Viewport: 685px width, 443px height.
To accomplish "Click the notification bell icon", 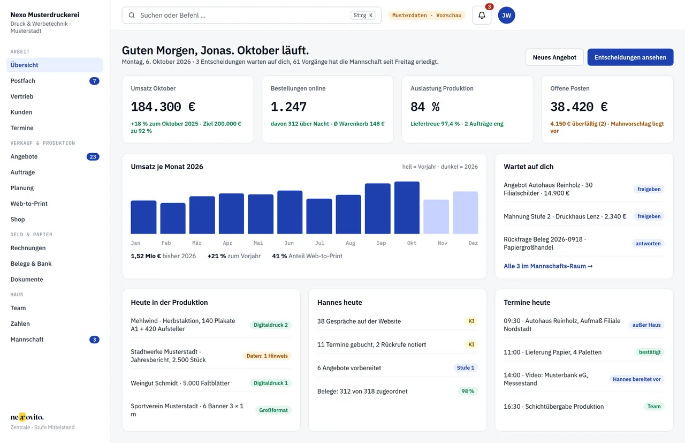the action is [x=482, y=16].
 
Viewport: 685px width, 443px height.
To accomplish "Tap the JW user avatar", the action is [x=506, y=16].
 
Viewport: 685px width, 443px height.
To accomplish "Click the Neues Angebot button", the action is [x=554, y=57].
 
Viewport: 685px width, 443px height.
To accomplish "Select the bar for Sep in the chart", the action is [x=378, y=208].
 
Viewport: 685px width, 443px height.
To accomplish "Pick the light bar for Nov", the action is [x=436, y=217].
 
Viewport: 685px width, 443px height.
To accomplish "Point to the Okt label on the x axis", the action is [x=412, y=243].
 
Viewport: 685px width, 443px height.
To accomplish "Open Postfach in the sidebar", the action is [x=22, y=81].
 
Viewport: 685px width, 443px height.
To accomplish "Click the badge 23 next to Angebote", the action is [x=93, y=157].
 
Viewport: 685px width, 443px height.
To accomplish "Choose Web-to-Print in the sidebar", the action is [x=29, y=204].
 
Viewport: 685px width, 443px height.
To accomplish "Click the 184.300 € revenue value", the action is [x=163, y=107].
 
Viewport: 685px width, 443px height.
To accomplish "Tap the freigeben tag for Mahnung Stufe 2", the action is [x=649, y=216].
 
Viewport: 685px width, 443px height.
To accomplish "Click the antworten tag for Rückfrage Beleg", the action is [x=648, y=243].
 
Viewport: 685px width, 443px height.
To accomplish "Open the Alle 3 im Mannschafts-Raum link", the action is [x=548, y=266].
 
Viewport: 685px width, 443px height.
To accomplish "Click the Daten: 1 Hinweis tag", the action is [x=267, y=356].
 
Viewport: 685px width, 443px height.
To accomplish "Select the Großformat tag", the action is [x=273, y=410].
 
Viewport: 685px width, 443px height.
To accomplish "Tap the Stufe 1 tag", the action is [x=466, y=367].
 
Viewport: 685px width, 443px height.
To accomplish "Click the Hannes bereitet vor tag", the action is [x=637, y=379].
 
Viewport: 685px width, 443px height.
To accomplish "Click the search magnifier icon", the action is [x=132, y=16].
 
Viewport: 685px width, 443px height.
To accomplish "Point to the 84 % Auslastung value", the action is [x=425, y=107].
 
